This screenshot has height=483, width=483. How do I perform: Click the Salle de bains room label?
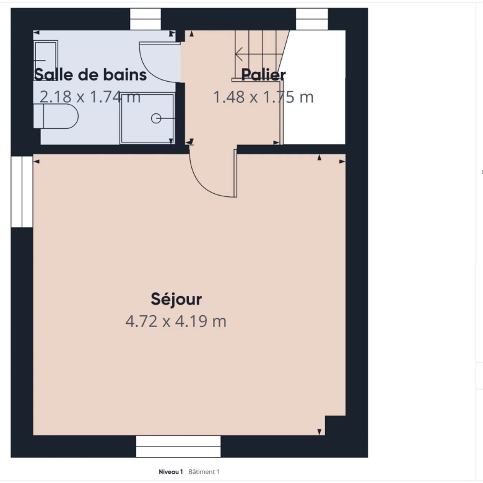pyautogui.click(x=90, y=75)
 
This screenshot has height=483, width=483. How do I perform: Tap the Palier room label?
pyautogui.click(x=263, y=75)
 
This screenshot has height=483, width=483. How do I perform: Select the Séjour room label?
pyautogui.click(x=176, y=299)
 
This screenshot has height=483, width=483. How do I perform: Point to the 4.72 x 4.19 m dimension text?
pyautogui.click(x=176, y=321)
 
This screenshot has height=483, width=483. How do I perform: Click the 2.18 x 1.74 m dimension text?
pyautogui.click(x=90, y=97)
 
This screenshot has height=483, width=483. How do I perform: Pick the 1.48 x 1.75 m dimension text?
pyautogui.click(x=263, y=97)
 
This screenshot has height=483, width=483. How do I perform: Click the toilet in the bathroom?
pyautogui.click(x=56, y=116)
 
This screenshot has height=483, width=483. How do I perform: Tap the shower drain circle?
pyautogui.click(x=156, y=118)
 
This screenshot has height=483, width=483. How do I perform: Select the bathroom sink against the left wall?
pyautogui.click(x=46, y=61)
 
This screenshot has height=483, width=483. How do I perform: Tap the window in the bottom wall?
pyautogui.click(x=178, y=446)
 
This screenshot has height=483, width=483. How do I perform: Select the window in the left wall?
pyautogui.click(x=22, y=191)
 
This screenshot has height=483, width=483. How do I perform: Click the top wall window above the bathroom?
pyautogui.click(x=146, y=19)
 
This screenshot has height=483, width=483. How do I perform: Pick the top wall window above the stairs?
pyautogui.click(x=311, y=19)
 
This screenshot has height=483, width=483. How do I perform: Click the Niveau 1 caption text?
pyautogui.click(x=171, y=472)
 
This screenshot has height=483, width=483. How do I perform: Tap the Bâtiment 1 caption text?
pyautogui.click(x=204, y=472)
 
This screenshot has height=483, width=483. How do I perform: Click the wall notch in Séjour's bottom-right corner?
pyautogui.click(x=335, y=425)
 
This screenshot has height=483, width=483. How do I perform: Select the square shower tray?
pyautogui.click(x=147, y=118)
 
